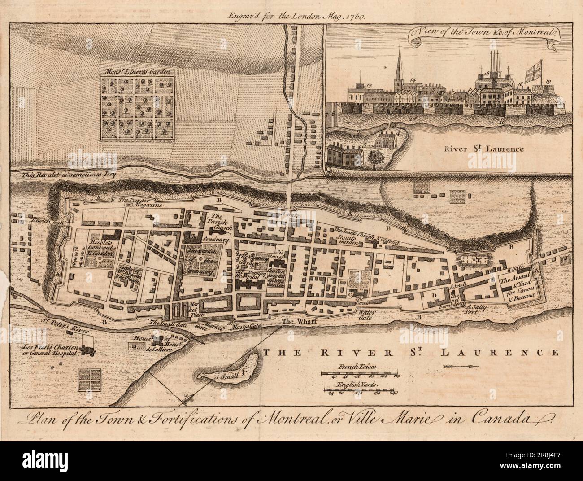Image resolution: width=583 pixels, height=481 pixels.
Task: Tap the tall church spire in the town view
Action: pyautogui.click(x=397, y=69)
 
